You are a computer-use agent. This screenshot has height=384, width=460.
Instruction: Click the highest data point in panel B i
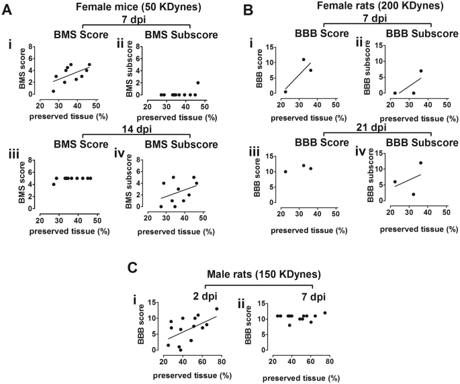click(304, 60)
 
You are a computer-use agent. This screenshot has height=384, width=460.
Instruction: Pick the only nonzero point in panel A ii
click(198, 83)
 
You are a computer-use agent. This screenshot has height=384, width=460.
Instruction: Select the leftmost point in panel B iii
click(285, 171)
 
